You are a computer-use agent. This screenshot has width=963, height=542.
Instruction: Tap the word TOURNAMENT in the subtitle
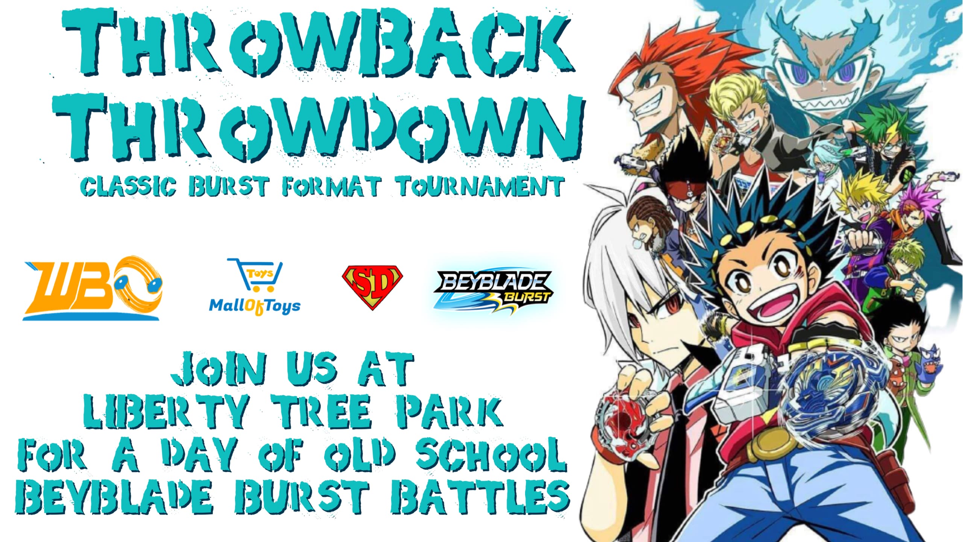coord(480,186)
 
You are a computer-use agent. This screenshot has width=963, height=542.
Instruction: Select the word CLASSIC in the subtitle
coord(128,186)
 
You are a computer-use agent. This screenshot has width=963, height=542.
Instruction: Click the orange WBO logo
coord(92,288)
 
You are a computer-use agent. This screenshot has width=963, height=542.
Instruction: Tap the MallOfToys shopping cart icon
coord(256,275)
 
